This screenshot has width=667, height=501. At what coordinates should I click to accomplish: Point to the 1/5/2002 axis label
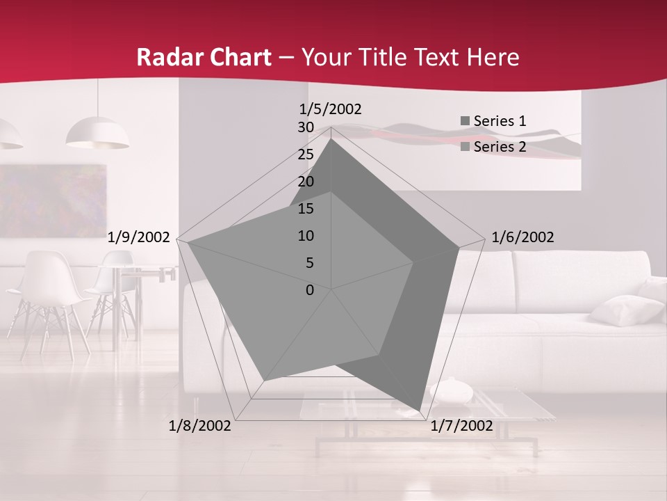click(331, 109)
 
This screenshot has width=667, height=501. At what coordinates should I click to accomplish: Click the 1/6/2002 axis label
click(522, 237)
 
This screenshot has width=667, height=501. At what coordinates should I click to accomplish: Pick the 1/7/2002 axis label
click(461, 426)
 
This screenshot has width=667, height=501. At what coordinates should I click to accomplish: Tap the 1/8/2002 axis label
click(200, 426)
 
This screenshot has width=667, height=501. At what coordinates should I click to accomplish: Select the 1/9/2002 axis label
click(139, 237)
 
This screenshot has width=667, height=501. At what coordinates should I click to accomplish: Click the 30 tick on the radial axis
click(306, 127)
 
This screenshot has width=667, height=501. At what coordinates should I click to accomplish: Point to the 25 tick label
click(306, 154)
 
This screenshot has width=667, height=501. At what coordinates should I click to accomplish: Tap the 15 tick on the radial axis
click(306, 209)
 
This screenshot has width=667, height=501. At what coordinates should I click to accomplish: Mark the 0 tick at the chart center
click(310, 290)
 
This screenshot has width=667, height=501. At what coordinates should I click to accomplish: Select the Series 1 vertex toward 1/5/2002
click(331, 139)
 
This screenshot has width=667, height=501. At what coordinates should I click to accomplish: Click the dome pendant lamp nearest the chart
click(97, 134)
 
